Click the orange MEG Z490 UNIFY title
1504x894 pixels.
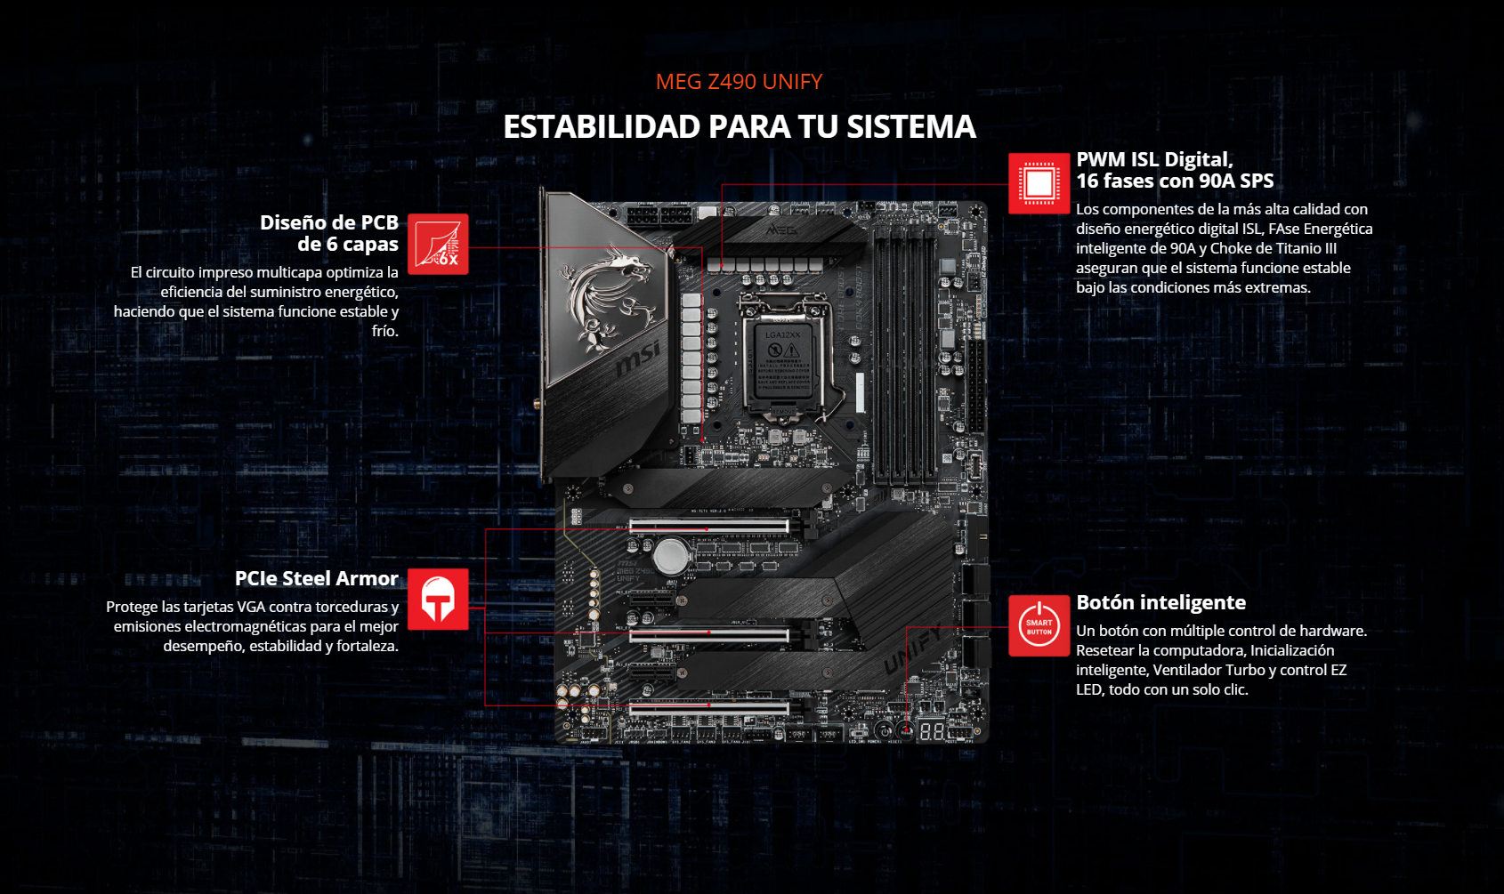[739, 82]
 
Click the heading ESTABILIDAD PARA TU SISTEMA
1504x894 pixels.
[740, 127]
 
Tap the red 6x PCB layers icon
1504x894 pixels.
[438, 245]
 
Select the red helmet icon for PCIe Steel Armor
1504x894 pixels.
[438, 600]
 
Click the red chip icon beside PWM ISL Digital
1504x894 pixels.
[1039, 183]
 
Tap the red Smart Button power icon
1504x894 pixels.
[1039, 625]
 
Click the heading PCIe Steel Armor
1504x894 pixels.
[316, 578]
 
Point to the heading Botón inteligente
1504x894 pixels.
[1160, 603]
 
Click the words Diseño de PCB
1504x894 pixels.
[329, 222]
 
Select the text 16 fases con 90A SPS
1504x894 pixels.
[1175, 181]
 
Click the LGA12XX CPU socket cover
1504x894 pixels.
[783, 362]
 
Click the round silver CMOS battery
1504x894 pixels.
[671, 556]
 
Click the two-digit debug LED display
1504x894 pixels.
[932, 731]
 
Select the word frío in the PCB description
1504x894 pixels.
[385, 331]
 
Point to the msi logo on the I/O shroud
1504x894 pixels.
[638, 359]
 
